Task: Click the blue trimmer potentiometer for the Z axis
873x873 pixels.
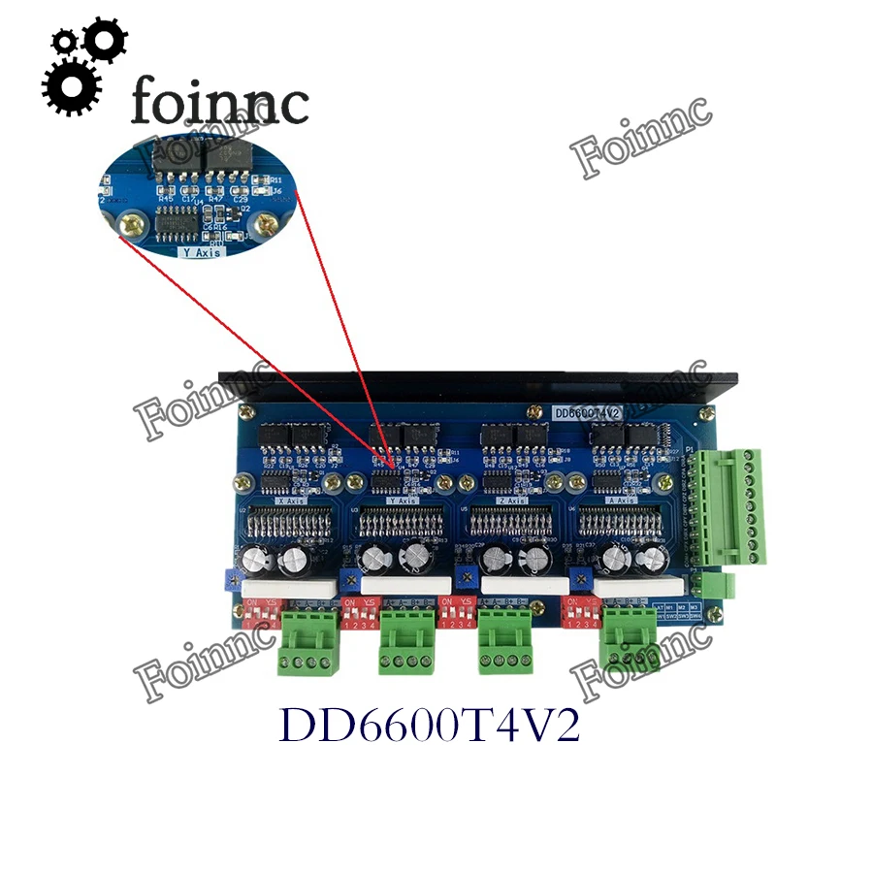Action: pyautogui.click(x=466, y=582)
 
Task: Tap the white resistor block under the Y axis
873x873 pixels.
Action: pyautogui.click(x=404, y=585)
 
